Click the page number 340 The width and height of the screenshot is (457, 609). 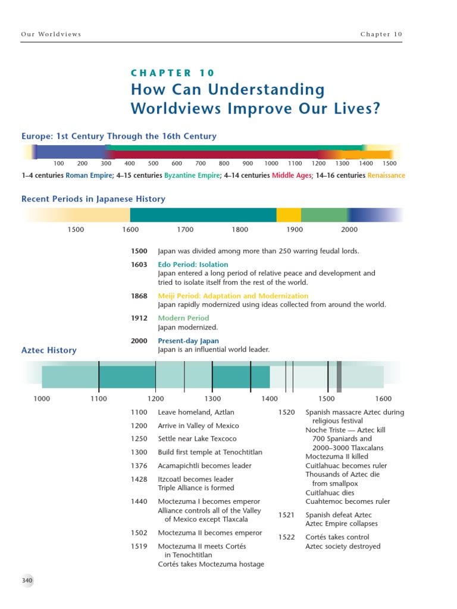coord(27,580)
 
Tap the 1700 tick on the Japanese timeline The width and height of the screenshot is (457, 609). coord(185,230)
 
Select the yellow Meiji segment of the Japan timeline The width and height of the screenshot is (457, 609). coord(289,215)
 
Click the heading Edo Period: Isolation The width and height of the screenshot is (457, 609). coord(193,265)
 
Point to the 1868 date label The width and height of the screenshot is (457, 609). coord(139,296)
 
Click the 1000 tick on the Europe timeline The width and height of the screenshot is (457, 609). coord(271,164)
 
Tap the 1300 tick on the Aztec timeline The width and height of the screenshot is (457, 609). coord(212,398)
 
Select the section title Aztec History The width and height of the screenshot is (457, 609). coord(49,350)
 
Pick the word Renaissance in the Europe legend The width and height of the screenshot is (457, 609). coord(386,175)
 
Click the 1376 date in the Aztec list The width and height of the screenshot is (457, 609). coord(139,466)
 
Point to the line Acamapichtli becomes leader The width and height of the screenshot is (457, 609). coord(205,466)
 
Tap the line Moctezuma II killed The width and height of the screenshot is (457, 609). coord(337,457)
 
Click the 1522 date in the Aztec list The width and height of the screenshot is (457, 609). coord(287,537)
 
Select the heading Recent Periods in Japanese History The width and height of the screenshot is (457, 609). coord(93,199)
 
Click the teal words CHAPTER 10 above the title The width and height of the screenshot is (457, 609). coord(172,73)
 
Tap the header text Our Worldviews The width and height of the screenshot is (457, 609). coord(51,34)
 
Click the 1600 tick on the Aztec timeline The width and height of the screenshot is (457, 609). coord(383,398)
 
